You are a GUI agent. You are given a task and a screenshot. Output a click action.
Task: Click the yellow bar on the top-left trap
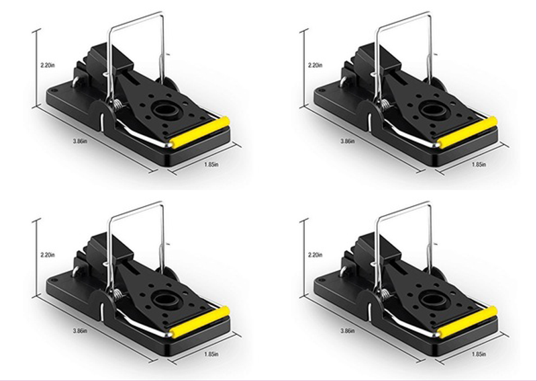pyautogui.click(x=200, y=132)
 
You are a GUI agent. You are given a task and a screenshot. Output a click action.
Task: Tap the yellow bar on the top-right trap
pyautogui.click(x=468, y=132)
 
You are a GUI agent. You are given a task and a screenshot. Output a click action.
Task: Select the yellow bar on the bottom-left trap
pyautogui.click(x=200, y=322)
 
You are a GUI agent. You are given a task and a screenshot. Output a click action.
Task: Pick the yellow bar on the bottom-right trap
pyautogui.click(x=468, y=322)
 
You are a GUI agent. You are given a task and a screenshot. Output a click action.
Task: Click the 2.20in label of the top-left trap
pyautogui.click(x=48, y=65)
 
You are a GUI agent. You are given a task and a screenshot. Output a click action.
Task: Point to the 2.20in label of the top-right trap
pyautogui.click(x=315, y=65)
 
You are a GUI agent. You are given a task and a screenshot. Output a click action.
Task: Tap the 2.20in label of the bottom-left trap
pyautogui.click(x=48, y=255)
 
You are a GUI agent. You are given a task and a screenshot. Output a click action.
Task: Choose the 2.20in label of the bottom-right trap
pyautogui.click(x=315, y=255)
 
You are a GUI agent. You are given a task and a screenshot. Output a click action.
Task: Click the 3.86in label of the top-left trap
pyautogui.click(x=80, y=141)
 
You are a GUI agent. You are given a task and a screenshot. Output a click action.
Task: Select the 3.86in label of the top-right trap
pyautogui.click(x=348, y=141)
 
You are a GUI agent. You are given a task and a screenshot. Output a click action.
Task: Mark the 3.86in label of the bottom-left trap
pyautogui.click(x=80, y=331)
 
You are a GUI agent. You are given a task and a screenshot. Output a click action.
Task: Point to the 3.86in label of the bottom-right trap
pyautogui.click(x=348, y=331)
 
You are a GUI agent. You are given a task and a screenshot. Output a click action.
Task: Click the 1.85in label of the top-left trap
pyautogui.click(x=211, y=165)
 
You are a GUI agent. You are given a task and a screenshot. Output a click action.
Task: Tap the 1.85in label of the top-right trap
pyautogui.click(x=479, y=165)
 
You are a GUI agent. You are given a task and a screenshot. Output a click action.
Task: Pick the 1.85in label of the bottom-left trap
pyautogui.click(x=211, y=354)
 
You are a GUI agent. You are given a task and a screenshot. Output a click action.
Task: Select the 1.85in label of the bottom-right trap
pyautogui.click(x=479, y=354)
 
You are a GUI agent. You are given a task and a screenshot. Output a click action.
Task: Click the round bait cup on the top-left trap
pyautogui.click(x=166, y=110)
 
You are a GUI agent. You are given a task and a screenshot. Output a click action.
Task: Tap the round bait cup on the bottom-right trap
pyautogui.click(x=434, y=300)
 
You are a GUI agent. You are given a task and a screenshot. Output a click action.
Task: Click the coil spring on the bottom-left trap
pyautogui.click(x=118, y=294)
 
